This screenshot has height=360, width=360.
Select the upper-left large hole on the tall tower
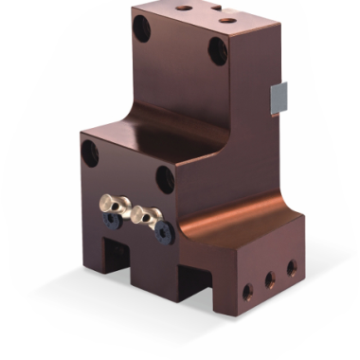142,28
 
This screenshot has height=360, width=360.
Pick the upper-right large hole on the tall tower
218,49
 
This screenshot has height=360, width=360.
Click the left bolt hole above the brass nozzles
90,153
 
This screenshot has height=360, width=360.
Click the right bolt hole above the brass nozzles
165,178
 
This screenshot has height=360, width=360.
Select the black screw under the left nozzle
112,221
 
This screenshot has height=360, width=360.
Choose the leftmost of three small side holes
248,292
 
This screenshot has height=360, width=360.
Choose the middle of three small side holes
270,279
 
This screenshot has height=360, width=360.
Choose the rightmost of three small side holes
291,268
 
